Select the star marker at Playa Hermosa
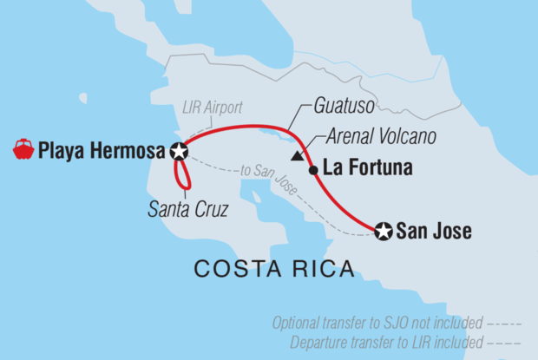pyautogui.click(x=179, y=152)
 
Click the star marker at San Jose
pyautogui.click(x=383, y=232)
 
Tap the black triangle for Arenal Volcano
pyautogui.click(x=298, y=157)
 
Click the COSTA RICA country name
pyautogui.click(x=273, y=269)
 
